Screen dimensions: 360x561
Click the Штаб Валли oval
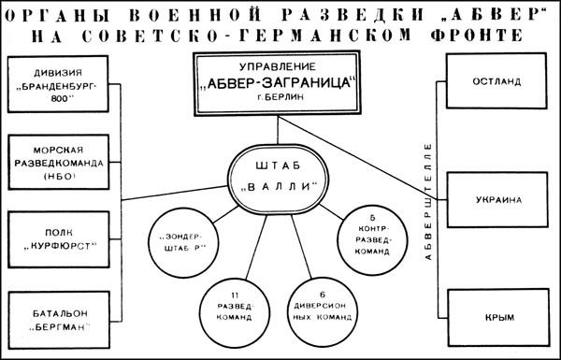click(x=280, y=175)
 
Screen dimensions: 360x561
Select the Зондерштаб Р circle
click(x=183, y=238)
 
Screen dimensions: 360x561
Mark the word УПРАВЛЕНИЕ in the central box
click(x=280, y=69)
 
